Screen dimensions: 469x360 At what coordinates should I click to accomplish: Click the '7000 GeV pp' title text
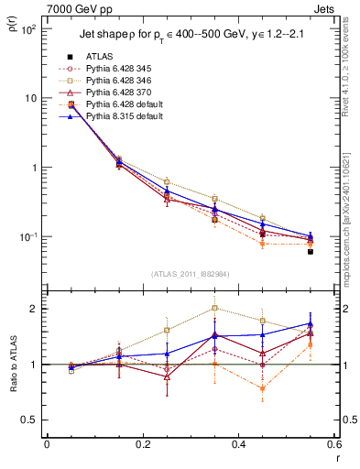point(74,8)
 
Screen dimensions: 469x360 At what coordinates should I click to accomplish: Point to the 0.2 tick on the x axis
point(142,445)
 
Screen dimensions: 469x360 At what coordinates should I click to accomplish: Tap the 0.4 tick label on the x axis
point(238,445)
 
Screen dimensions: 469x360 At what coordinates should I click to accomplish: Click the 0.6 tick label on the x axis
point(333,445)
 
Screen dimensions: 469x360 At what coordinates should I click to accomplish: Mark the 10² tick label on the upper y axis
point(29,29)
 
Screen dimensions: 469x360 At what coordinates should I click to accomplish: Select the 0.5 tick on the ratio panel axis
point(32,420)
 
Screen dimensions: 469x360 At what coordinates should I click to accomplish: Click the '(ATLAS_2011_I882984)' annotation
point(191,272)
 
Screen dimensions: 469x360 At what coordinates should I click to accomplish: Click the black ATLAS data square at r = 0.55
point(311,251)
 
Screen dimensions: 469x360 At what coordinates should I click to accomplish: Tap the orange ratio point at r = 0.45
point(263,388)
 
